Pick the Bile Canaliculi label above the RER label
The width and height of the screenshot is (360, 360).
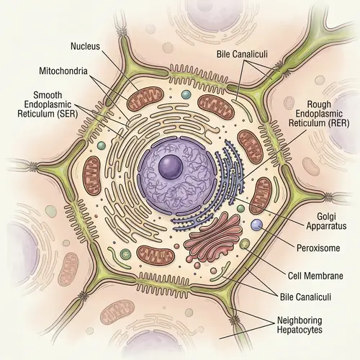[245, 55]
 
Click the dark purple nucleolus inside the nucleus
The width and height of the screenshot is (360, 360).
[171, 167]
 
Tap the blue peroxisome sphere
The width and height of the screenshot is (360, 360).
[257, 226]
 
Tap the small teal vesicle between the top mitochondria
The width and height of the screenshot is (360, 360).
[186, 95]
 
